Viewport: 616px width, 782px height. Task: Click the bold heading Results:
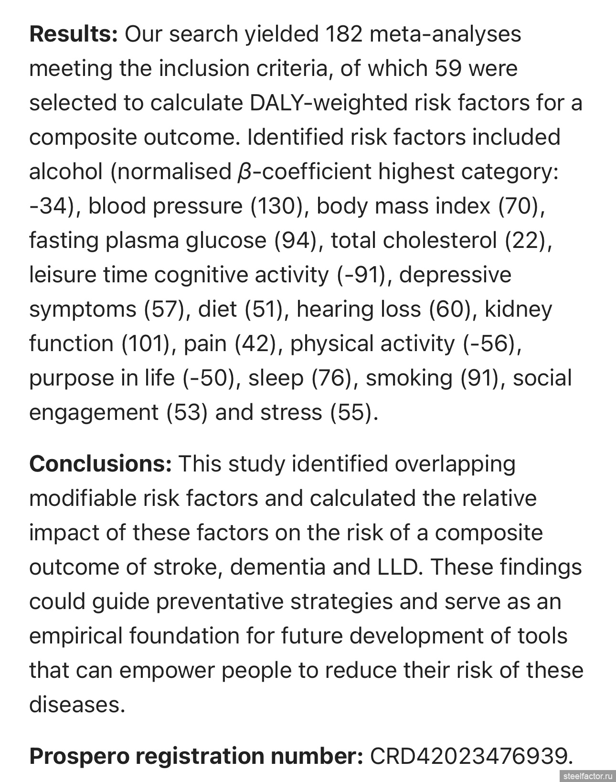click(x=73, y=34)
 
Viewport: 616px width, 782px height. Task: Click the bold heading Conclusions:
click(x=100, y=464)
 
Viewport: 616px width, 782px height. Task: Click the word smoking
click(x=409, y=378)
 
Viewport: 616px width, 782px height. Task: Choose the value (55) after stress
click(x=350, y=412)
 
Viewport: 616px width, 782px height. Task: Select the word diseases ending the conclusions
click(x=76, y=705)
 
